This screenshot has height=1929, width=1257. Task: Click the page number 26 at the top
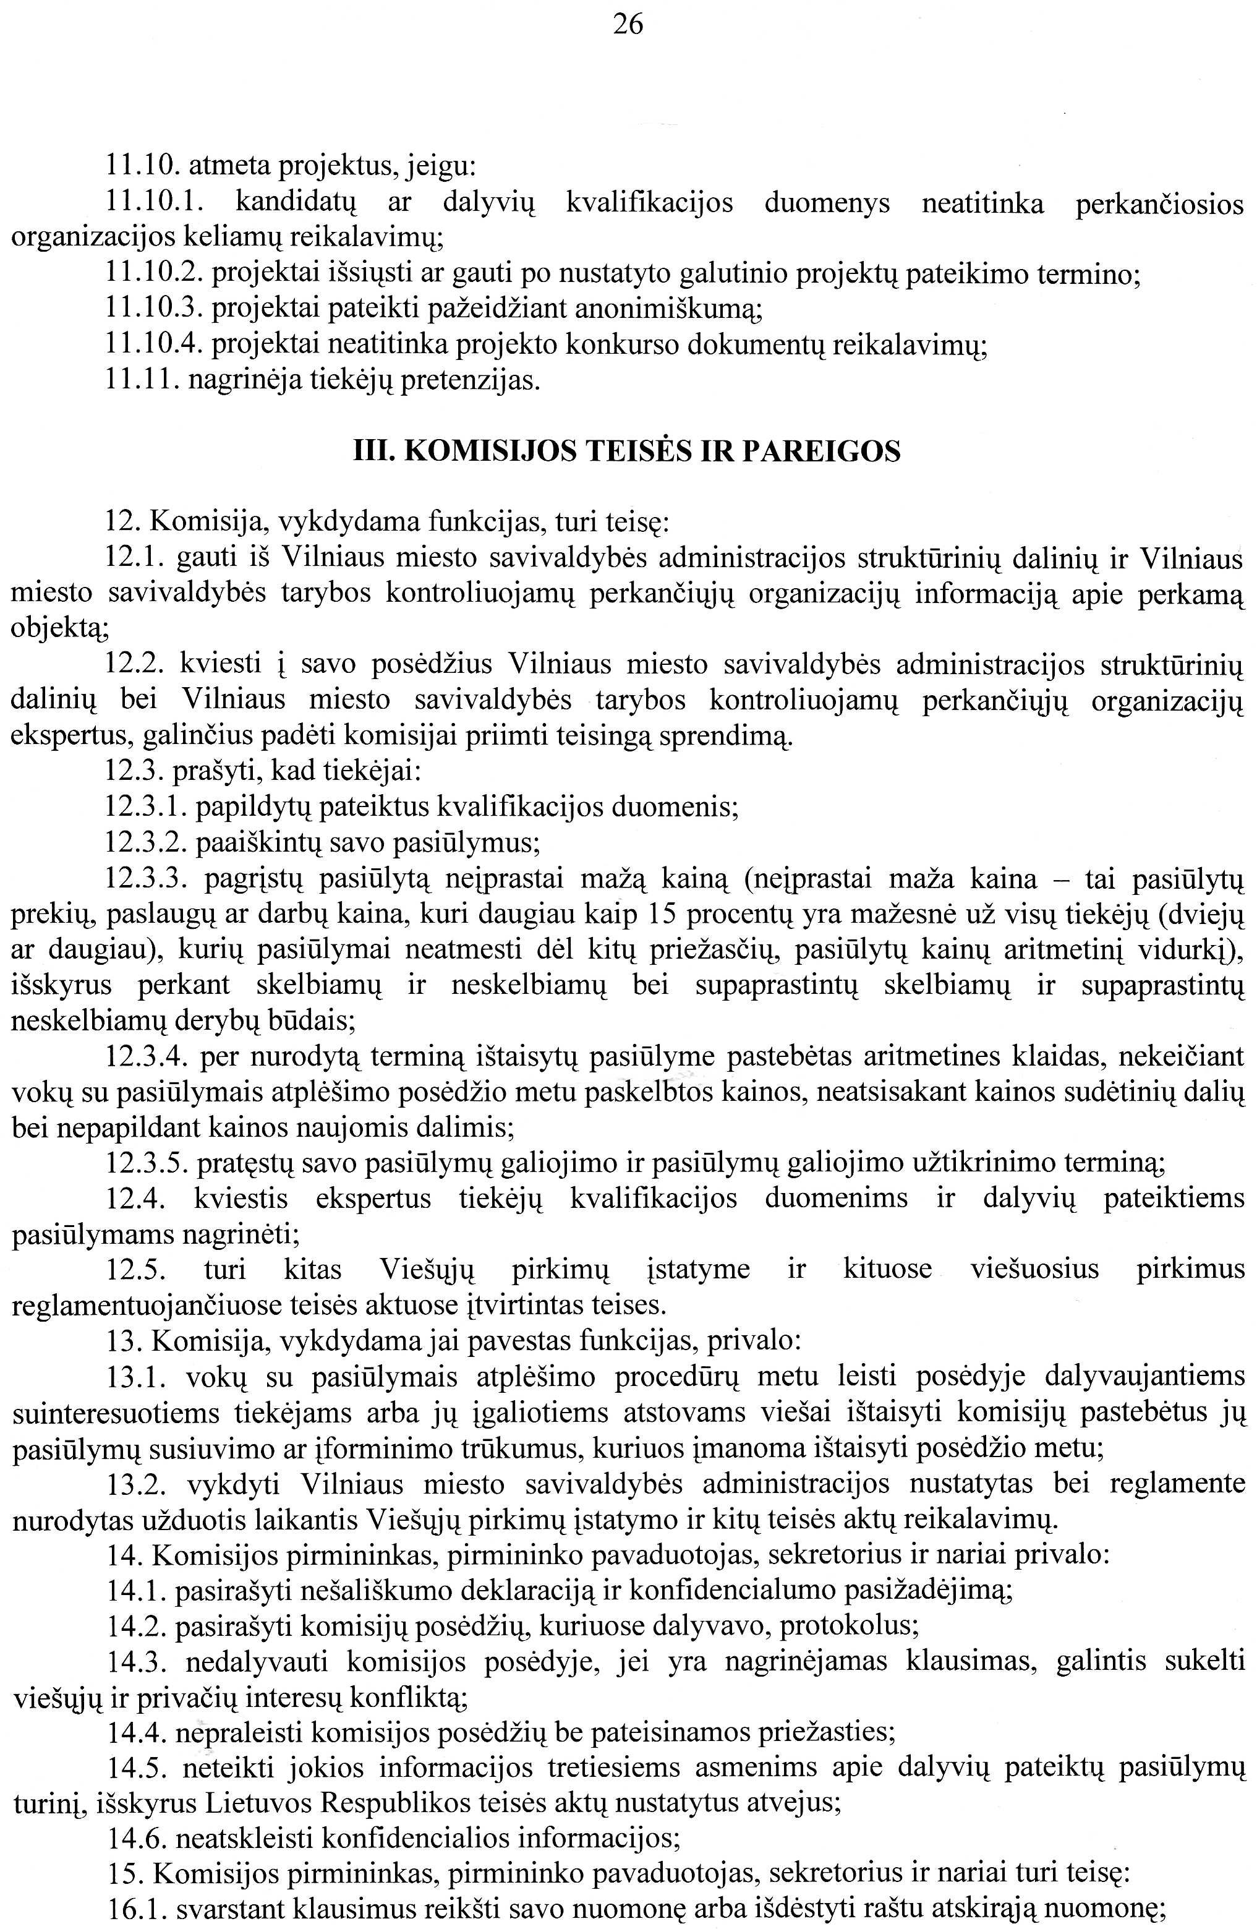click(x=628, y=25)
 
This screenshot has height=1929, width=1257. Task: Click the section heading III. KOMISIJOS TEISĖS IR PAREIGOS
click(x=628, y=451)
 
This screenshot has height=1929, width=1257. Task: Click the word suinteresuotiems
click(x=116, y=1413)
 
